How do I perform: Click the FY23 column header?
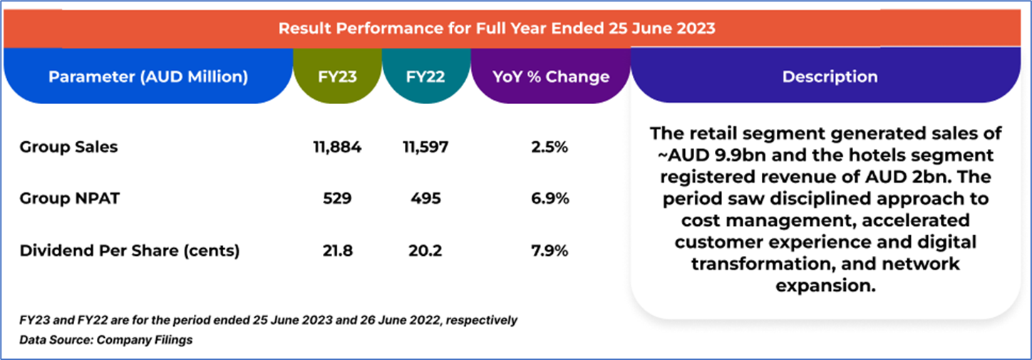point(337,77)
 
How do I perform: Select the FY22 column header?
point(425,77)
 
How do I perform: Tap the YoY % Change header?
point(551,77)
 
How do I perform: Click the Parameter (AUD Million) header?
point(148,77)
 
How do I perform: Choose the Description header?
point(830,77)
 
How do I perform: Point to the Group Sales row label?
point(68,148)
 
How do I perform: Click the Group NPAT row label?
point(69,199)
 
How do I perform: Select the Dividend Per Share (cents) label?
point(130,250)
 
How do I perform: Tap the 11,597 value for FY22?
point(425,148)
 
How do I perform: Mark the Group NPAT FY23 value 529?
point(337,199)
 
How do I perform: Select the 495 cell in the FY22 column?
point(425,199)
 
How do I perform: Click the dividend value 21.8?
point(337,250)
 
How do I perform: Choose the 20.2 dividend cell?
point(425,250)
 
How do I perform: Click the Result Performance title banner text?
point(497,29)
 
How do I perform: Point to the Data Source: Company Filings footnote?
point(106,340)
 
